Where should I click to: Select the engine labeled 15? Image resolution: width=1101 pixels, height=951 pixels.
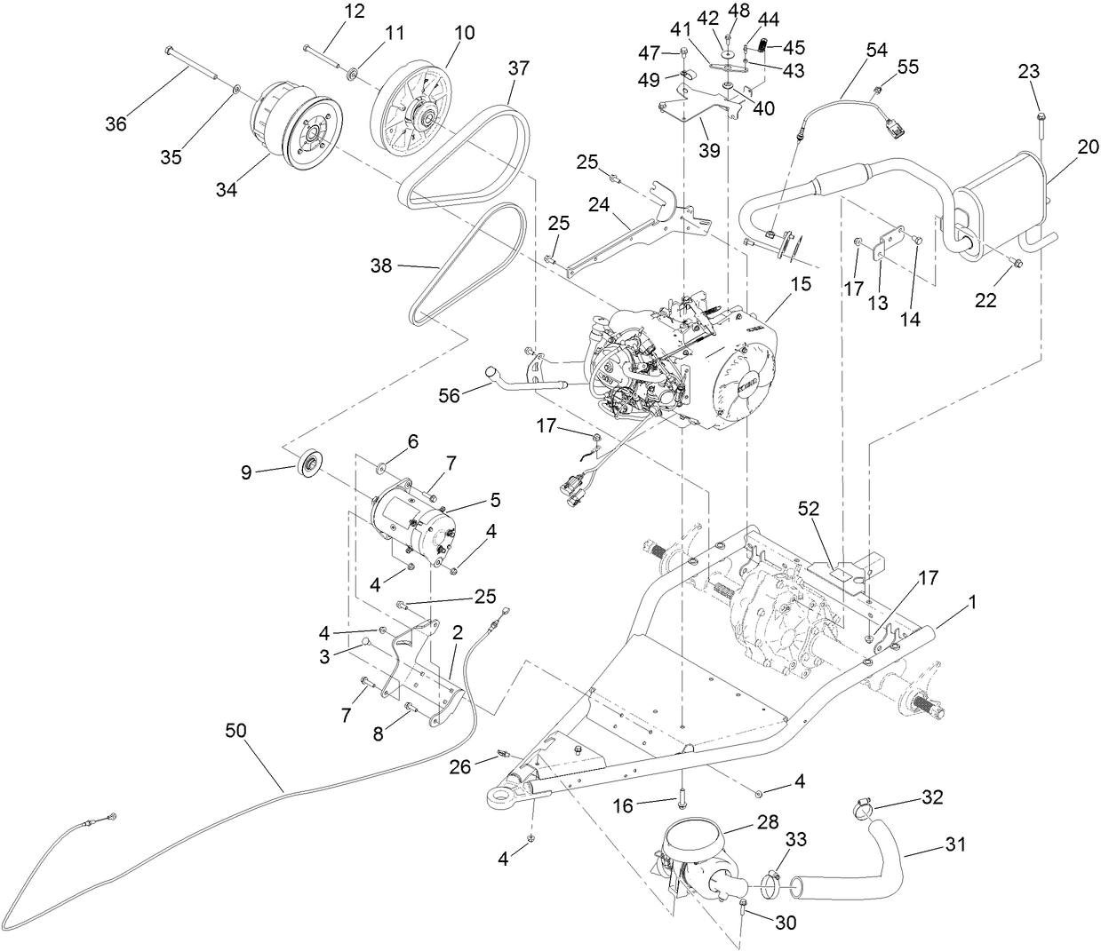coord(675,364)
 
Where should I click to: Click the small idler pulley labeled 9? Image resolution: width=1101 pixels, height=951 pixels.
coord(311,464)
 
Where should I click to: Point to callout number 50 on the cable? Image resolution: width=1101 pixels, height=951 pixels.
coord(235,730)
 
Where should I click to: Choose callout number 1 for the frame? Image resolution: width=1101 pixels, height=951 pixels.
coord(972,601)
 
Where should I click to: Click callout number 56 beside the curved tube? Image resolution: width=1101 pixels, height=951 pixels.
coord(451,396)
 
